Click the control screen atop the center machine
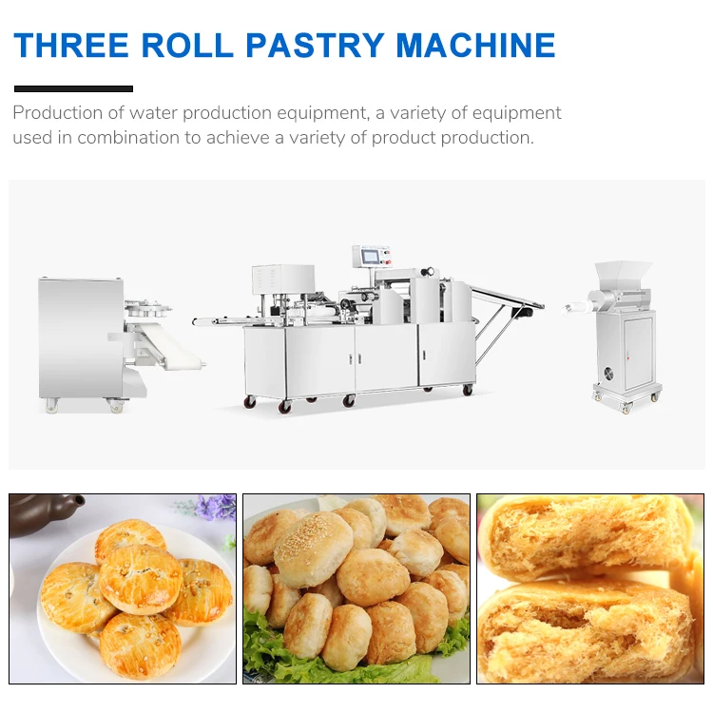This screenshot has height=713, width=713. [372, 256]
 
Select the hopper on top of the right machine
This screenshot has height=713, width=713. [624, 274]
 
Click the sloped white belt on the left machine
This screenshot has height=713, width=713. [166, 347]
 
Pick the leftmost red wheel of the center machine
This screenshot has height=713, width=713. [250, 402]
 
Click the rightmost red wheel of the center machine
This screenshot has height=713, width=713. [468, 390]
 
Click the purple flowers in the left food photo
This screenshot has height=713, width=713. [217, 506]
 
